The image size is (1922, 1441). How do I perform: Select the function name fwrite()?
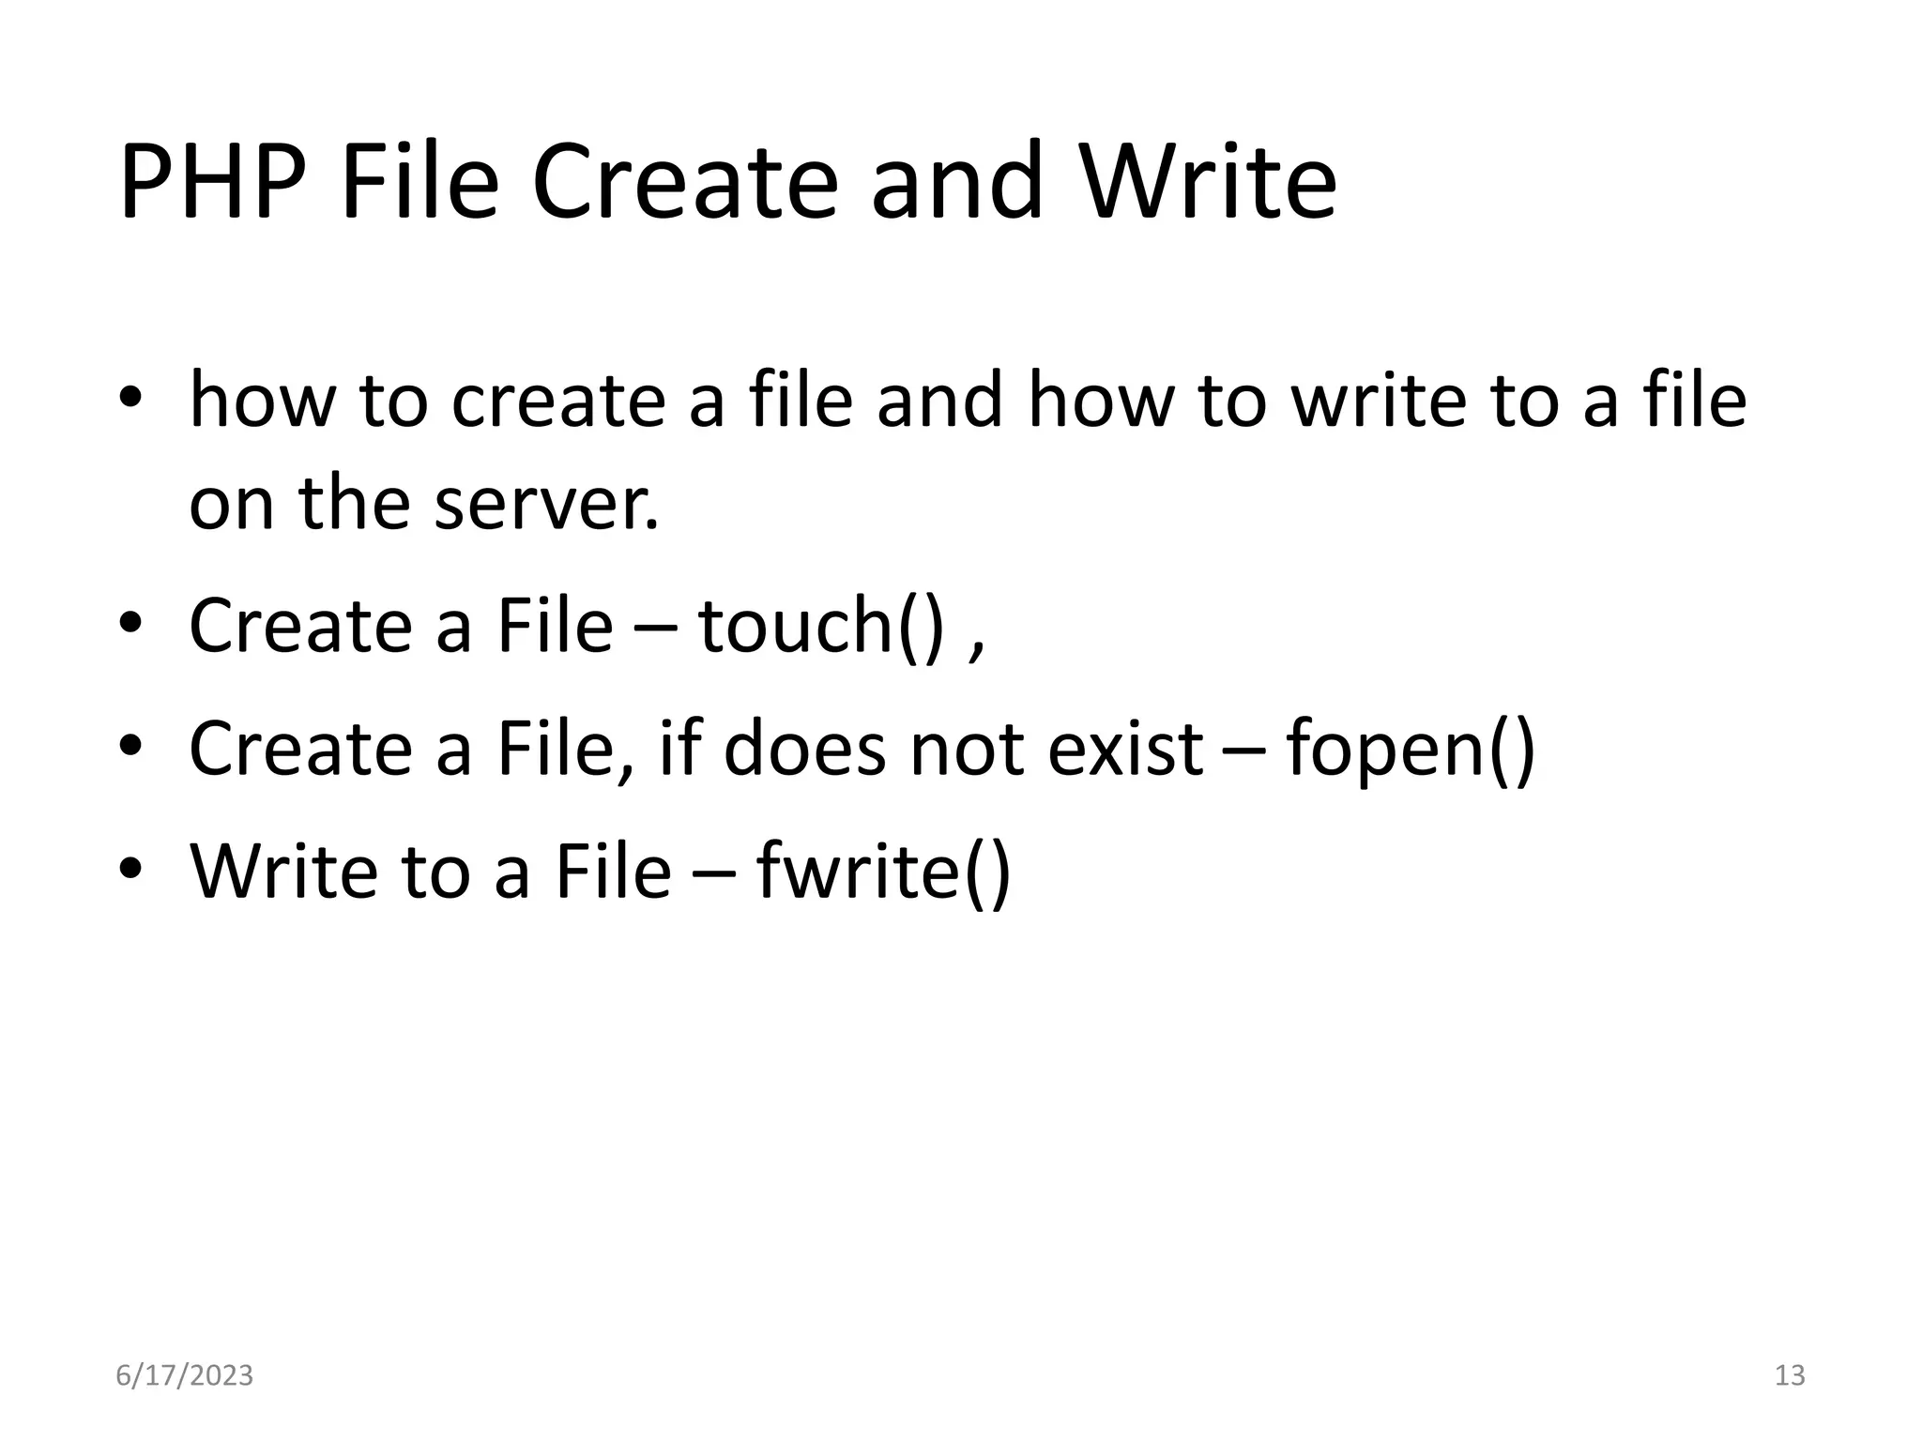883,872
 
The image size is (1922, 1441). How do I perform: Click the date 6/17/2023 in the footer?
184,1375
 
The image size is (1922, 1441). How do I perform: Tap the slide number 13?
1790,1375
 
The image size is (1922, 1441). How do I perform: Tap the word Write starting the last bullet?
282,872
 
